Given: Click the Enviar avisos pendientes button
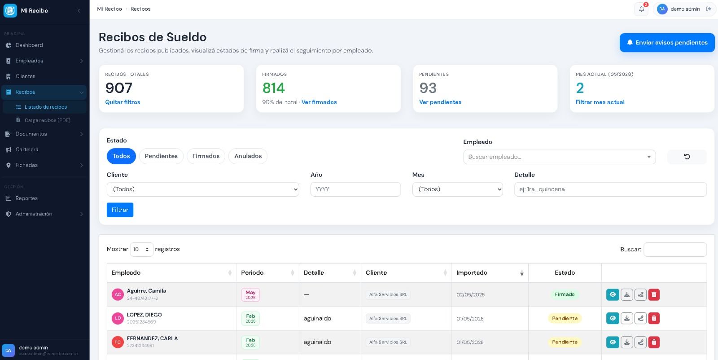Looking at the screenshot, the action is (x=667, y=43).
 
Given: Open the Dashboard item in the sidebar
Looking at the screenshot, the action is (x=29, y=45).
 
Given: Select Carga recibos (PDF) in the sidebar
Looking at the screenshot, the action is (x=47, y=120).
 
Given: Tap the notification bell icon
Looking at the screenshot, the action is (x=641, y=9).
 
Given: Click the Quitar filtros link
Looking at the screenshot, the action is (x=123, y=102).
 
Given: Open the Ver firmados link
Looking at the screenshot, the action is (x=319, y=102).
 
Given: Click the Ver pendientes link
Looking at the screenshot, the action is (x=440, y=102).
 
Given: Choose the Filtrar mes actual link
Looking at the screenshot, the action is (x=600, y=102).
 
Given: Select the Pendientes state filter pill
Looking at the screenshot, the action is (x=161, y=156).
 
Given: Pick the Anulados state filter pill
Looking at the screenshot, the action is (x=248, y=156).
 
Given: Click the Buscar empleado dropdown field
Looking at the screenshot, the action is (x=559, y=157).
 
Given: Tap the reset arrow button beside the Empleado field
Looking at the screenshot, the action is (x=687, y=157).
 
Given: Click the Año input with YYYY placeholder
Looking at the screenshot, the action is (x=355, y=189).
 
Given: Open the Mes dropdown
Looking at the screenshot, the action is (x=457, y=189).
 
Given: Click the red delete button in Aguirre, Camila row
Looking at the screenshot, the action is (x=654, y=294).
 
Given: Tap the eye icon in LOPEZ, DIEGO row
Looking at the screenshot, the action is (x=613, y=318).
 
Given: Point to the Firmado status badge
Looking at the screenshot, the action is (x=565, y=294).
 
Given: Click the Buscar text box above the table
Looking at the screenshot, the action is (x=675, y=250).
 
